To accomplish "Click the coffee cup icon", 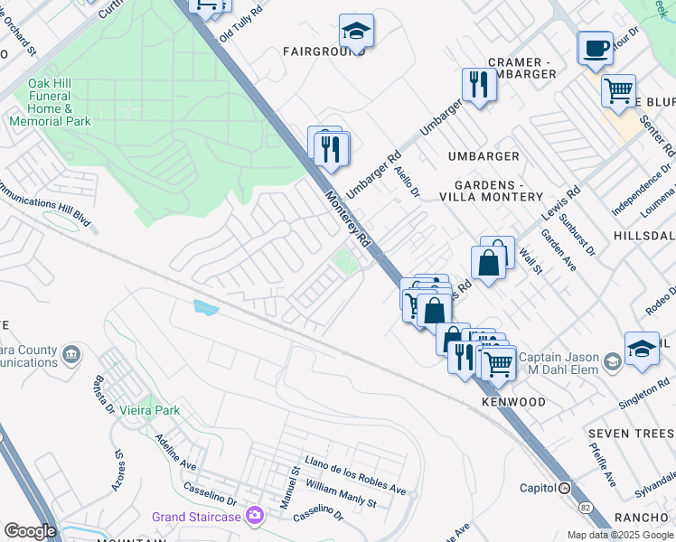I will coord(595,48).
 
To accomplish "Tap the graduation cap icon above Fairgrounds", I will coord(356,31).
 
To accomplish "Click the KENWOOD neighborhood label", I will coord(513,401).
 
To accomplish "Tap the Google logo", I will coord(30,531).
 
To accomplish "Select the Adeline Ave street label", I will coord(175,451).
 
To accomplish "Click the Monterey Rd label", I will coord(349,220).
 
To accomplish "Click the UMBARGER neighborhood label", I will coord(484,156).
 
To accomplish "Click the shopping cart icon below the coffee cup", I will coord(618,90).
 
